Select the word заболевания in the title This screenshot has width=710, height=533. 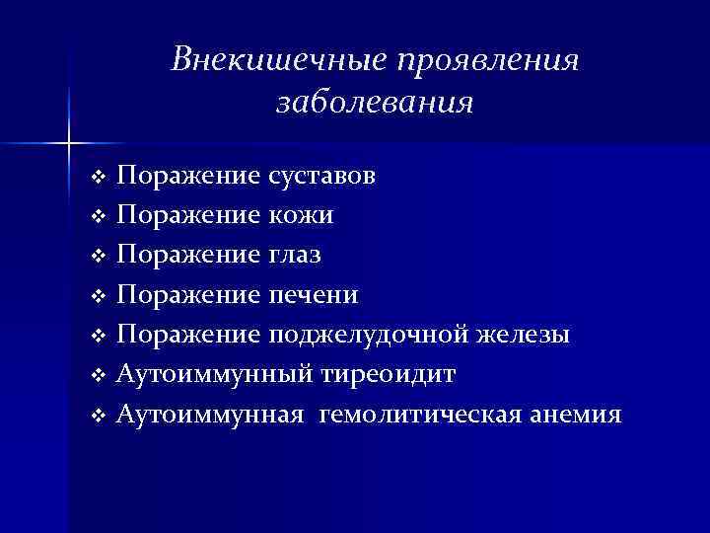point(375,102)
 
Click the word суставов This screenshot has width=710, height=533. point(320,176)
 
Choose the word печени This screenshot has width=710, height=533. point(313,294)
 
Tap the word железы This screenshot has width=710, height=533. point(533,335)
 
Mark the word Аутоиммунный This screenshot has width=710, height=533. point(214,374)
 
